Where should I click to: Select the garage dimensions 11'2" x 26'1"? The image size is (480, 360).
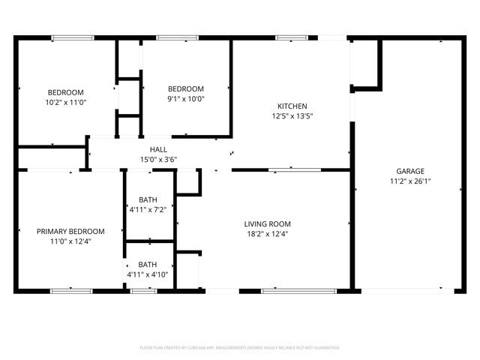pos(409,181)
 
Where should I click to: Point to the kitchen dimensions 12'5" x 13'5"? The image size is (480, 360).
pos(291,116)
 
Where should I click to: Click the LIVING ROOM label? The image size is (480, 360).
pos(267,223)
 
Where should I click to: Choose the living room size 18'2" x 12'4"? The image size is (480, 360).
pos(267,234)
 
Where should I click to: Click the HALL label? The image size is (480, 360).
pos(158,150)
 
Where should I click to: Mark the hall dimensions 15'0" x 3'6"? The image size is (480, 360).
pos(158,160)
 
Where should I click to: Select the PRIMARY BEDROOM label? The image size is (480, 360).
pos(70,232)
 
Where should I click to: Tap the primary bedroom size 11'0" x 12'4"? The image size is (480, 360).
pos(70,241)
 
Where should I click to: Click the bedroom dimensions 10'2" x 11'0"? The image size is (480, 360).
pos(66,102)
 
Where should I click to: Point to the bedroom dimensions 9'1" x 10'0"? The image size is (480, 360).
pos(185,98)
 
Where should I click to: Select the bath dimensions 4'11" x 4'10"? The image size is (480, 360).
pos(148,274)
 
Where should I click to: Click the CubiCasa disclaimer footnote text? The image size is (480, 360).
pos(240,348)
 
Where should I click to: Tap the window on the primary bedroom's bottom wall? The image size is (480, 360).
pos(71,290)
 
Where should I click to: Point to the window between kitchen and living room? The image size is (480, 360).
pos(295,170)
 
